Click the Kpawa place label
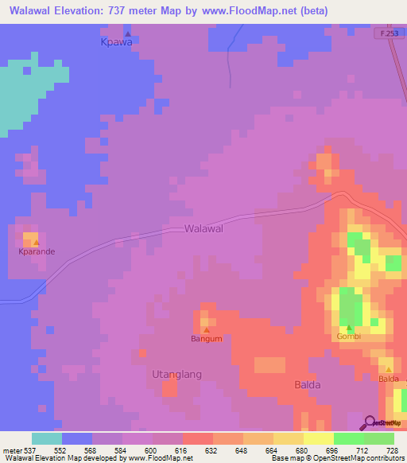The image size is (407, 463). (x=116, y=43)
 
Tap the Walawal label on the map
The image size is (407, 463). (x=203, y=228)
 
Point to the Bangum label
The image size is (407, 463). (x=206, y=338)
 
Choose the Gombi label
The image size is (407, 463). (x=348, y=337)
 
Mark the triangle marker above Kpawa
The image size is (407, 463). (x=127, y=34)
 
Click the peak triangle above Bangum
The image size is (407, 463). (x=207, y=329)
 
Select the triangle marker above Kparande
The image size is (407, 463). (x=35, y=242)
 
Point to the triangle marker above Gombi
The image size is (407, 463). (x=348, y=327)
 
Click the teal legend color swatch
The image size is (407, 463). (x=47, y=438)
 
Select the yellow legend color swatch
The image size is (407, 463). (x=318, y=438)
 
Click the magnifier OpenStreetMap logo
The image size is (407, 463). (x=370, y=422)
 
